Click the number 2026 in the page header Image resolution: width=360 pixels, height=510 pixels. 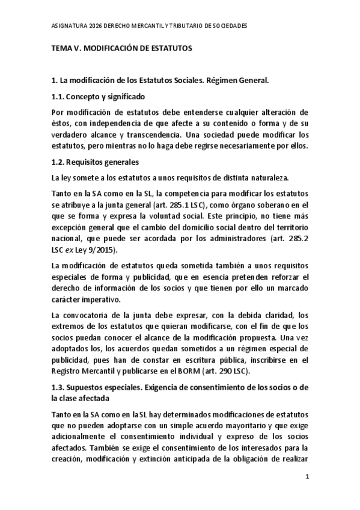[94, 26]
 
